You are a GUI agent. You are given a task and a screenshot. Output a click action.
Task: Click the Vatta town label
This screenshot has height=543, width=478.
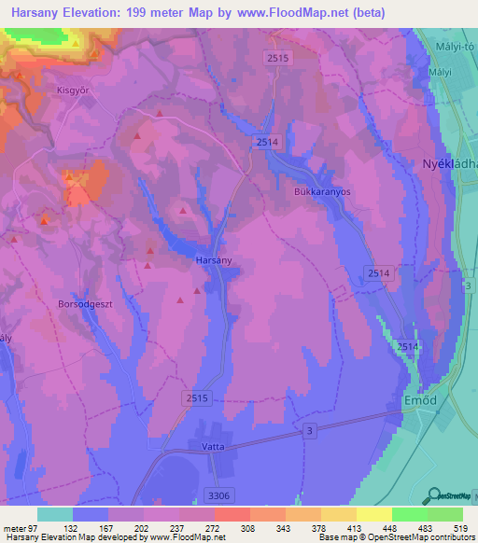click(213, 448)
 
